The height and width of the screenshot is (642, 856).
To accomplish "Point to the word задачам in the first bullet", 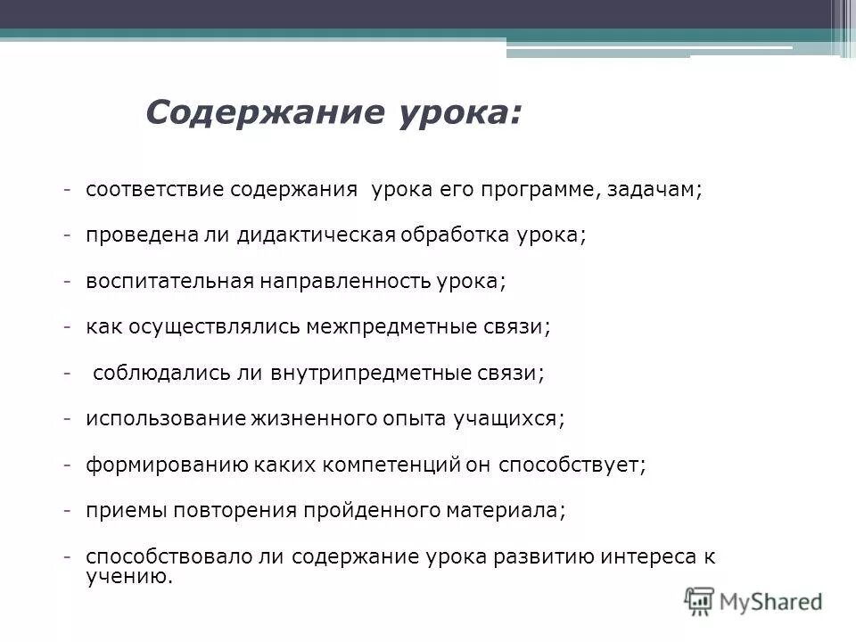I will point(654,191).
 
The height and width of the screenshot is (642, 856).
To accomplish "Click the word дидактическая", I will point(316,235).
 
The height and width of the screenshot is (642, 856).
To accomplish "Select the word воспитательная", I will point(169,281).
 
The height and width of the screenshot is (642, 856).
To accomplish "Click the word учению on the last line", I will point(126,577).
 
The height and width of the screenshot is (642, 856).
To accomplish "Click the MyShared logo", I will point(753,600).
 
